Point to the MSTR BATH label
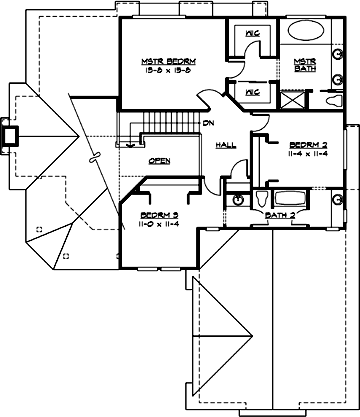pos(305,65)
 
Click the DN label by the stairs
pos(207,123)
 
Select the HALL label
pos(226,146)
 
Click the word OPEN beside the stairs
pos(159,160)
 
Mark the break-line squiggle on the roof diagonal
pos(93,157)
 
